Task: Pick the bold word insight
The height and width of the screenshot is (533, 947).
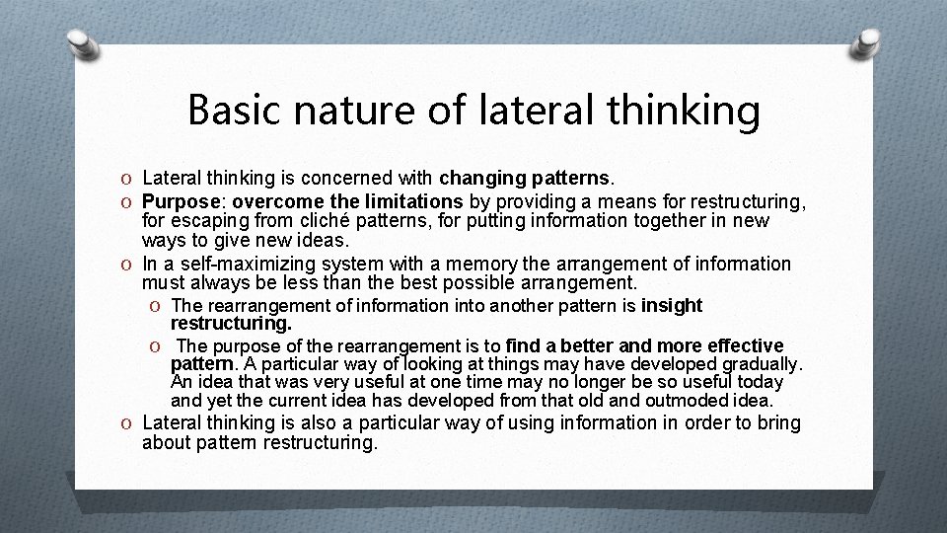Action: tap(672, 306)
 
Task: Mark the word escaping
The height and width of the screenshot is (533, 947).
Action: tap(209, 221)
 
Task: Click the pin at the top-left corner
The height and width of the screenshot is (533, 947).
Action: tap(85, 42)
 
